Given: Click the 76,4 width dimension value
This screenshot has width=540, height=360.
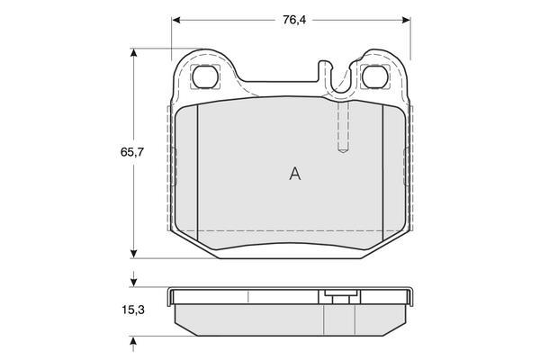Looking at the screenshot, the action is (x=294, y=21).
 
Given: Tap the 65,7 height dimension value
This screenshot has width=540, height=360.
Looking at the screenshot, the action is (x=132, y=152).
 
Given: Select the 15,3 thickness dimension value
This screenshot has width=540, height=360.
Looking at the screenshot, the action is (x=133, y=310).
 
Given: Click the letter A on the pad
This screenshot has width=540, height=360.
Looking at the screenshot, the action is (x=295, y=174).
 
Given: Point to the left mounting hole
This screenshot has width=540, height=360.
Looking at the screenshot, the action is (x=205, y=76).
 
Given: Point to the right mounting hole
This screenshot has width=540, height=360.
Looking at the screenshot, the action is (x=375, y=76).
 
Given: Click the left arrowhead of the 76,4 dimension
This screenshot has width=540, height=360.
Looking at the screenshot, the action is (x=176, y=21).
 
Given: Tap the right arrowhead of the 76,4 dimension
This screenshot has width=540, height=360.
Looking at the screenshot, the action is (x=406, y=21).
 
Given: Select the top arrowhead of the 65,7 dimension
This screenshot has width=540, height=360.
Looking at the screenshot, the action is (x=134, y=53).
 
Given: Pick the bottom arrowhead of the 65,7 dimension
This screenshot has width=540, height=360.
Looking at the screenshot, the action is (x=134, y=254).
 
